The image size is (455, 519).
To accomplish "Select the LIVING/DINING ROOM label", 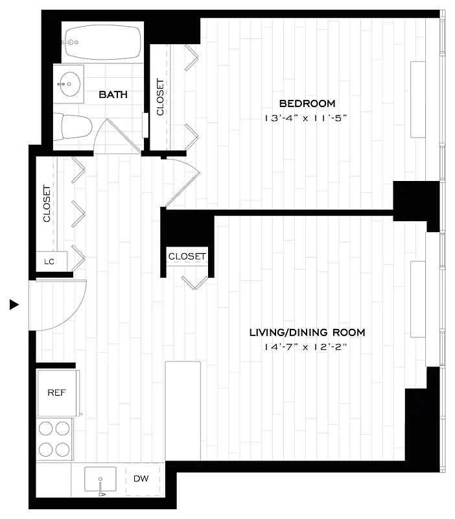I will (x=307, y=332).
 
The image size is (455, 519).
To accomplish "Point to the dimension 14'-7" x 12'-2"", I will (x=307, y=348).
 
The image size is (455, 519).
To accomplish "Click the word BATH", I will (x=113, y=95).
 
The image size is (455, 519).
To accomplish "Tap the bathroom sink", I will (x=67, y=82).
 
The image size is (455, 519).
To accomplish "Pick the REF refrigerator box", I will (x=56, y=392).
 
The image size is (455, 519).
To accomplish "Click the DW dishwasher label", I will (x=141, y=479).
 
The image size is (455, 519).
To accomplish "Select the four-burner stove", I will (x=54, y=439).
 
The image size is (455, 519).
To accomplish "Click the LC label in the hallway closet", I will (x=48, y=261).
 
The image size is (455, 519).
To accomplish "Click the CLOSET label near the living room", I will (x=187, y=256).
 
